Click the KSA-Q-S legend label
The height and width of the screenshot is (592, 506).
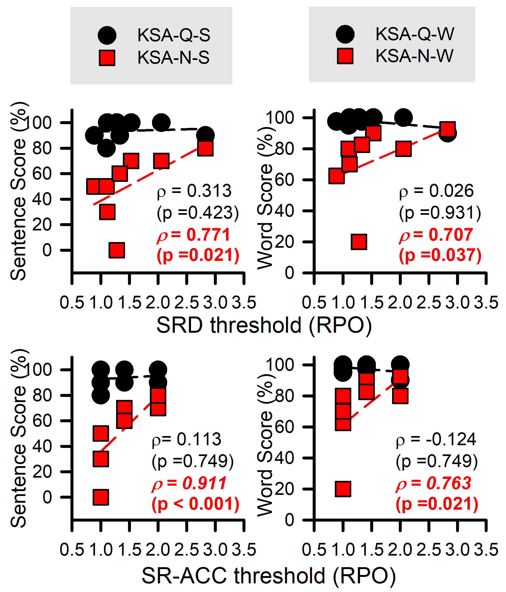174,35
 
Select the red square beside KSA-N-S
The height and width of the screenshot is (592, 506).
107,58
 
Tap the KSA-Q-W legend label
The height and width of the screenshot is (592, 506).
414,34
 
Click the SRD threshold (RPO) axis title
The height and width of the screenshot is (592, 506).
264,325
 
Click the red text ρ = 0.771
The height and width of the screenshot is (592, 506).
194,235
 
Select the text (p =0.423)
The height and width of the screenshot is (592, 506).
198,213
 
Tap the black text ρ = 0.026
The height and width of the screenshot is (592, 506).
436,190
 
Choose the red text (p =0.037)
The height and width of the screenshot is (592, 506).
440,255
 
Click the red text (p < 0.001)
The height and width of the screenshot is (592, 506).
195,504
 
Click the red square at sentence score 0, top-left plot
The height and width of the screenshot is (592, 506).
117,250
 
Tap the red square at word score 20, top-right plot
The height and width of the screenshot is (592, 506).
359,242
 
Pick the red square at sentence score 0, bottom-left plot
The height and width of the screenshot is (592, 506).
101,497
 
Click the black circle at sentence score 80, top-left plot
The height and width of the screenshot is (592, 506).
106,148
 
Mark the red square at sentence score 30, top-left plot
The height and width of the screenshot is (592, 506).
107,212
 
